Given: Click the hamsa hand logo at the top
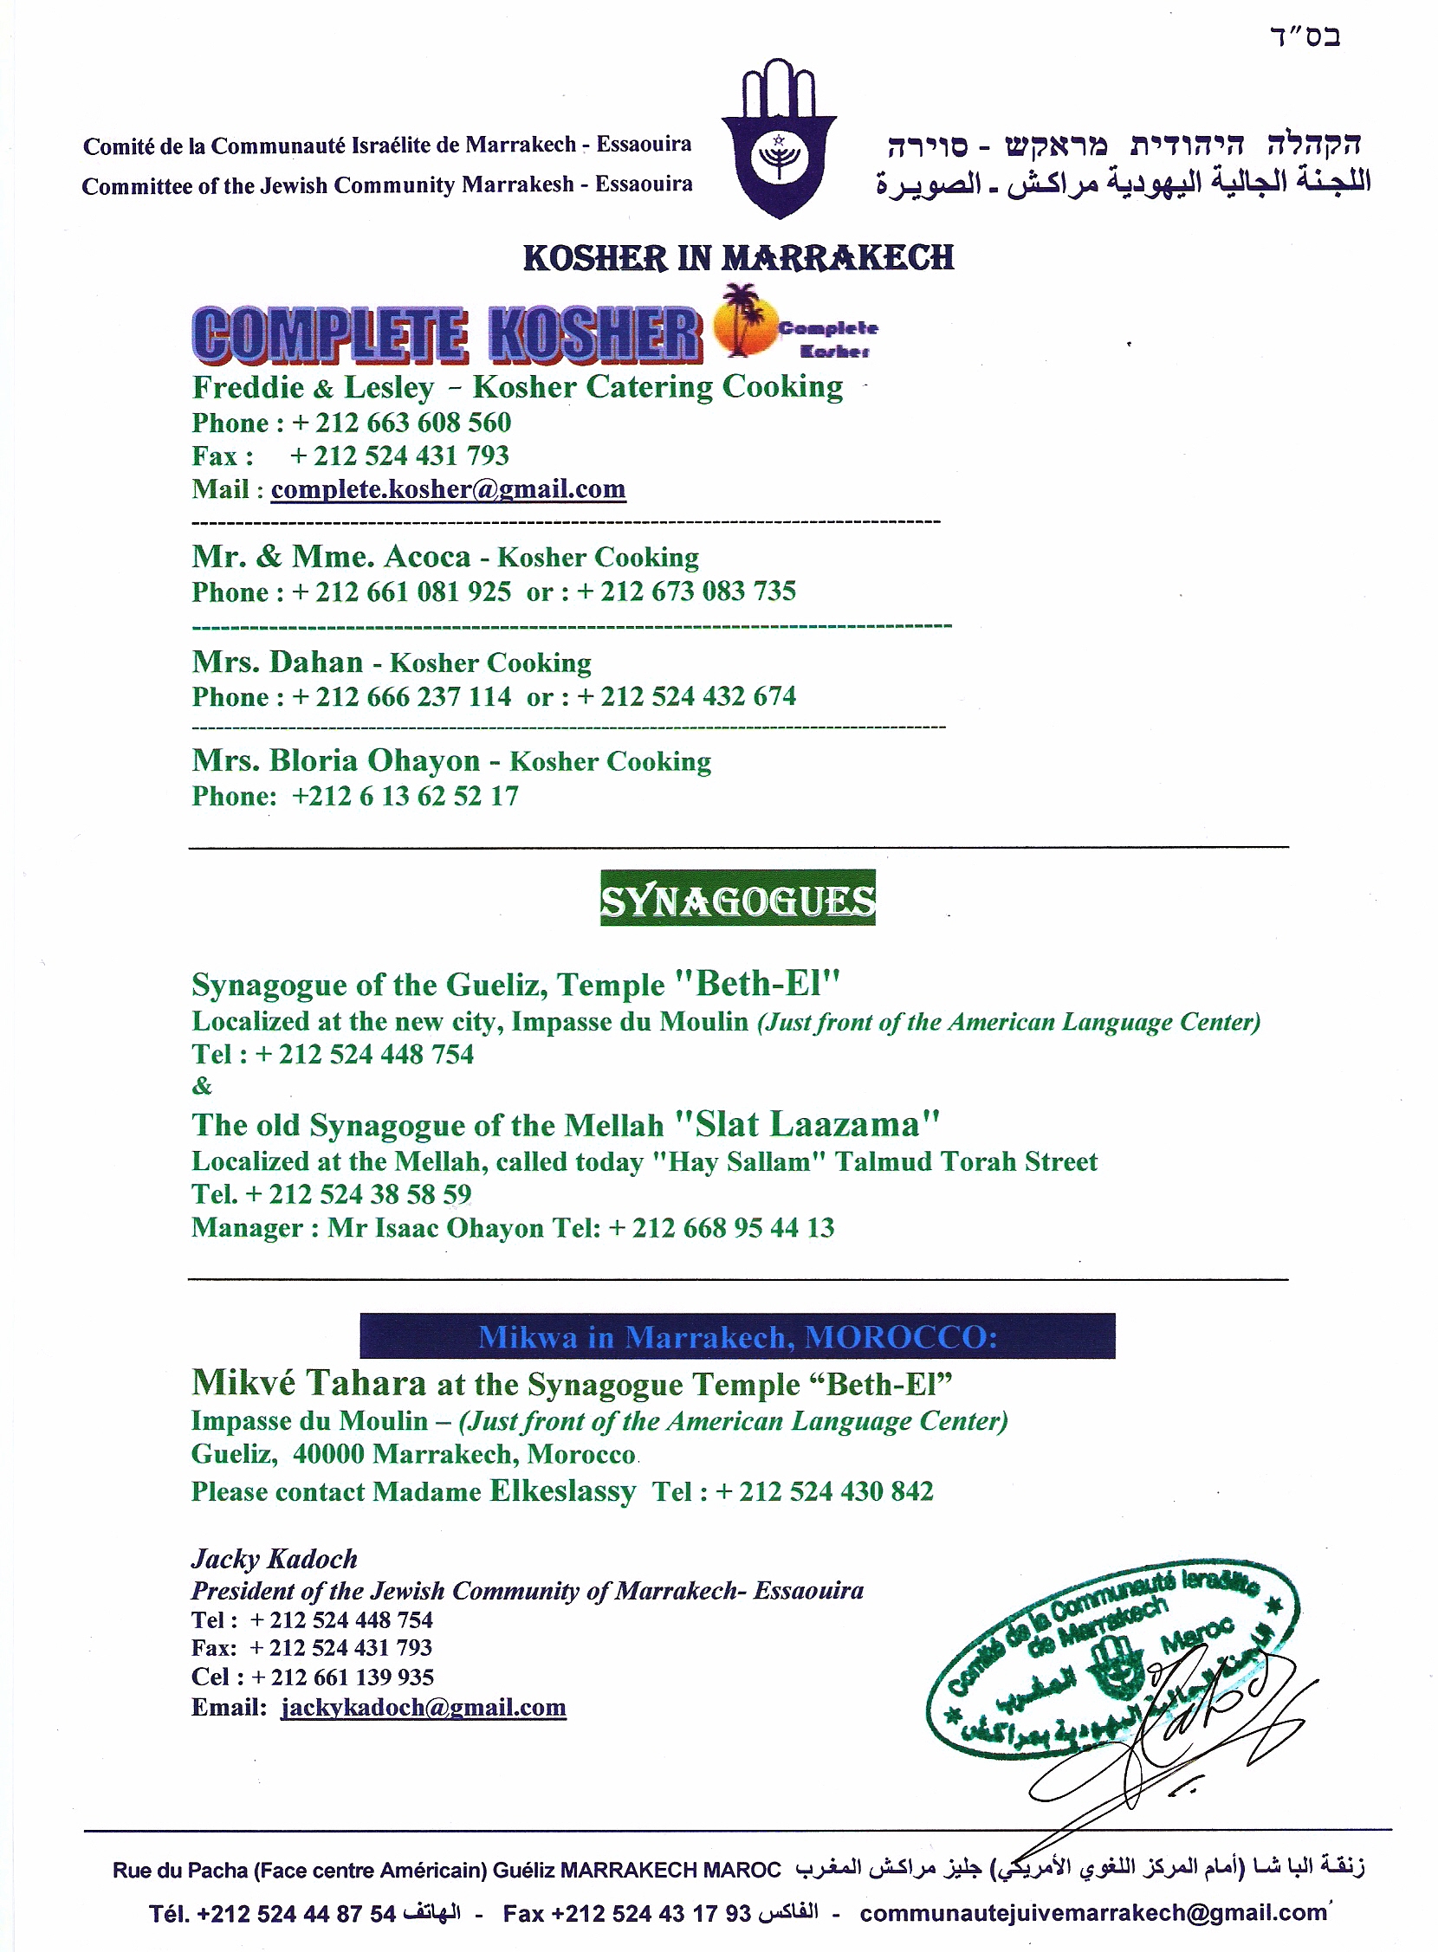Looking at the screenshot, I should click(779, 139).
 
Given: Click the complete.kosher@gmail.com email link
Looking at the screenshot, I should click(447, 489).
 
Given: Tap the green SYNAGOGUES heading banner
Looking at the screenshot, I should click(737, 899).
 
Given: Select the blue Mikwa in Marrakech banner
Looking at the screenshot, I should click(737, 1336).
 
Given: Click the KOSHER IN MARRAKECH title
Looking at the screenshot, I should click(738, 258).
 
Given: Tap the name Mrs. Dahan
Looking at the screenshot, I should click(277, 663).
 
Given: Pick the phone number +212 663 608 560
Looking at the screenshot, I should click(401, 423).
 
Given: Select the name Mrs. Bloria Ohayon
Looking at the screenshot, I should click(335, 760).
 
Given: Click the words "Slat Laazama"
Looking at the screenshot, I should click(805, 1124).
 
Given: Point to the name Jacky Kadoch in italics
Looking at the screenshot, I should click(275, 1558).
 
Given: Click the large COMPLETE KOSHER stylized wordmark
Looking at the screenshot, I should click(445, 333).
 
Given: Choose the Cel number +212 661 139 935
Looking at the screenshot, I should click(342, 1676).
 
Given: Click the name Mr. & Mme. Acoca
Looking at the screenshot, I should click(331, 556).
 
